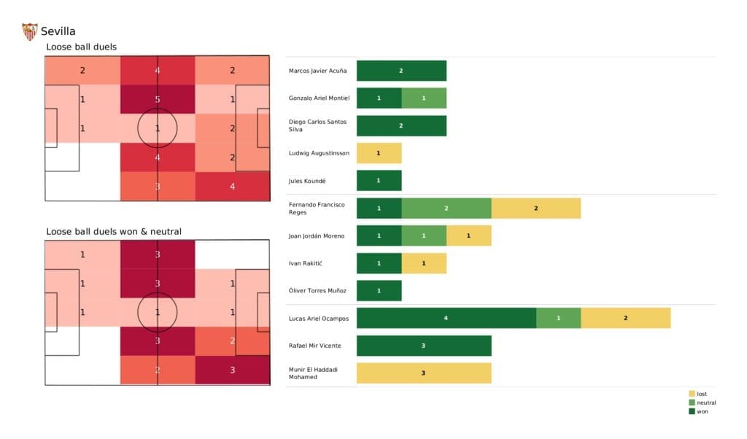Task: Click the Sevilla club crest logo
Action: [30, 31]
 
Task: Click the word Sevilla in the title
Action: [58, 31]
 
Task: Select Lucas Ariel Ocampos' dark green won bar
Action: [446, 318]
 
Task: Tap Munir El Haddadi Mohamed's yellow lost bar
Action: [423, 373]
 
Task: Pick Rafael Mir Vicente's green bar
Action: [423, 346]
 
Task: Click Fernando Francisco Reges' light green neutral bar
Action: [446, 208]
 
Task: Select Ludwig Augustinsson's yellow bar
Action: [379, 153]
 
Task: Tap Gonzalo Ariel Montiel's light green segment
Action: [423, 98]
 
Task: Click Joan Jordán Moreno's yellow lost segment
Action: [468, 236]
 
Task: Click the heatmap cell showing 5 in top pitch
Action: [158, 99]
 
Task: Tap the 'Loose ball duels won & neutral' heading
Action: [114, 231]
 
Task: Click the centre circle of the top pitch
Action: [158, 128]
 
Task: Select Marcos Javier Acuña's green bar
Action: [400, 71]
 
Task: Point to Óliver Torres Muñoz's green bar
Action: [379, 290]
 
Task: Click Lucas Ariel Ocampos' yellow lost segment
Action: [625, 318]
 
